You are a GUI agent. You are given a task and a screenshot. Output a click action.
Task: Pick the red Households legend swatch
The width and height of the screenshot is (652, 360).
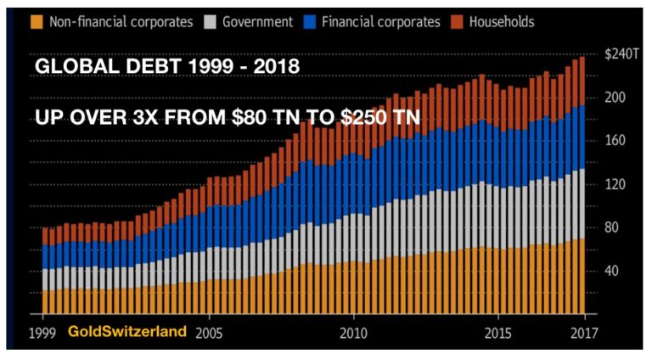coord(452,22)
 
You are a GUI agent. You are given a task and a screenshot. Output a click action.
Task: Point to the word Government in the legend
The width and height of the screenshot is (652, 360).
coord(257,22)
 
